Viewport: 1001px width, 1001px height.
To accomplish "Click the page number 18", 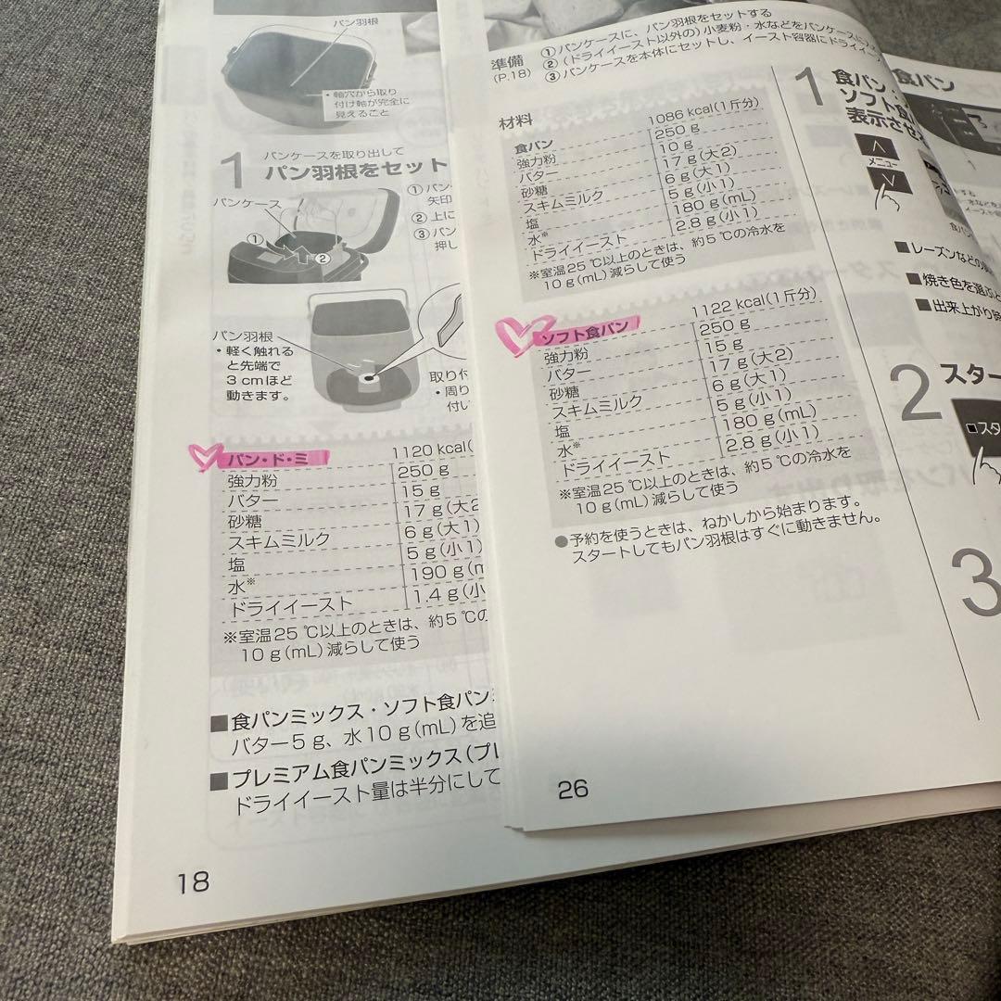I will tap(193, 881).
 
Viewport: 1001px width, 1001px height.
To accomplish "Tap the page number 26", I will tap(573, 789).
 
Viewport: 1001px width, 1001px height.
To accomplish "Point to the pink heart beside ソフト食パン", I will tap(513, 331).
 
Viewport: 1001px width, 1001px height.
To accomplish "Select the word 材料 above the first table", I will tap(517, 122).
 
